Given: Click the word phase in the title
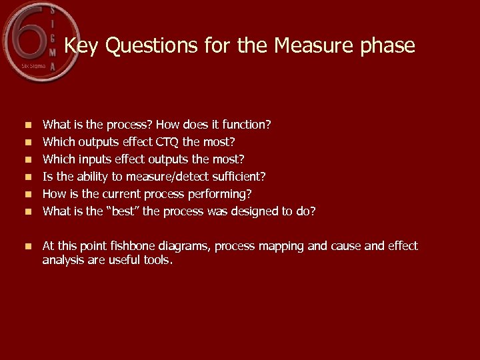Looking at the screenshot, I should coord(386,47).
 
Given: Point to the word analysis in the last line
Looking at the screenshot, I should coord(61,260).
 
